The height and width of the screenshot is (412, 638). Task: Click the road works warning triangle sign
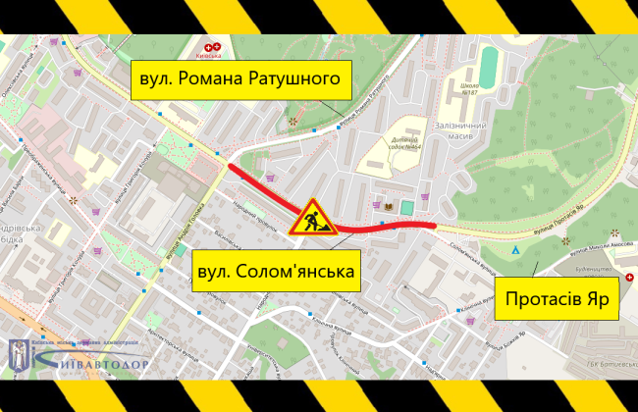coord(312,218)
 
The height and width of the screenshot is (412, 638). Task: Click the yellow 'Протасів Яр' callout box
coord(558,297)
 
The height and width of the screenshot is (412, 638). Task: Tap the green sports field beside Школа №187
coord(492,70)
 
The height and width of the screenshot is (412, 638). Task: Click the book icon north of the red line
coord(389,207)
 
